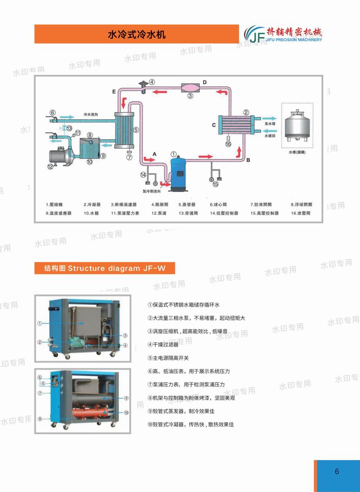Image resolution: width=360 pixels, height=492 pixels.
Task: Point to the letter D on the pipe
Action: [204, 82]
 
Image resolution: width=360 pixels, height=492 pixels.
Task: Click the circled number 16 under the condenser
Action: [228, 144]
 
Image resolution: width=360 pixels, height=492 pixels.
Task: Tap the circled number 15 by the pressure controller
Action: [215, 184]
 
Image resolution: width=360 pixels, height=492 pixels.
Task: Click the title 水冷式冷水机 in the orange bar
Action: [137, 34]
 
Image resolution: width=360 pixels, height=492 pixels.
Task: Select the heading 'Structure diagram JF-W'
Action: [105, 269]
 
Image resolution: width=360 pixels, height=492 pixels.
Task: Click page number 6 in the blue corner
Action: [337, 472]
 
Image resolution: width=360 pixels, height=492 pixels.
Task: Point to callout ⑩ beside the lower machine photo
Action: [126, 412]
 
